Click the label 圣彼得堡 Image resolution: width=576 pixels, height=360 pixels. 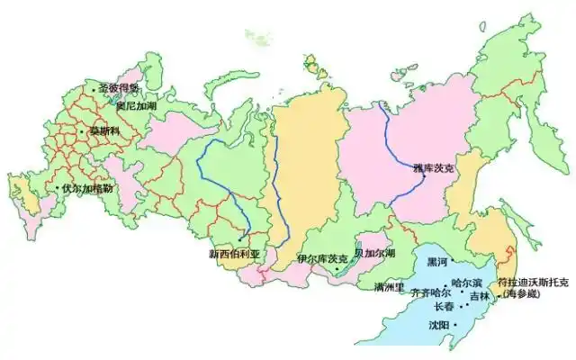pos(119,88)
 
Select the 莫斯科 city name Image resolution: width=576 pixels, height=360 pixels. pos(102,131)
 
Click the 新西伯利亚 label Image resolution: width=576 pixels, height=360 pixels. pos(233,254)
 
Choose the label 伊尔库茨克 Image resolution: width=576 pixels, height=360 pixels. pos(322,258)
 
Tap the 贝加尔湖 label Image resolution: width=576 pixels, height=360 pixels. pos(374,253)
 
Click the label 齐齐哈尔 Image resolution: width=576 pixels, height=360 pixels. pos(429,293)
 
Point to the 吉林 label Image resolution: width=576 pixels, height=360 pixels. pos(479,296)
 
